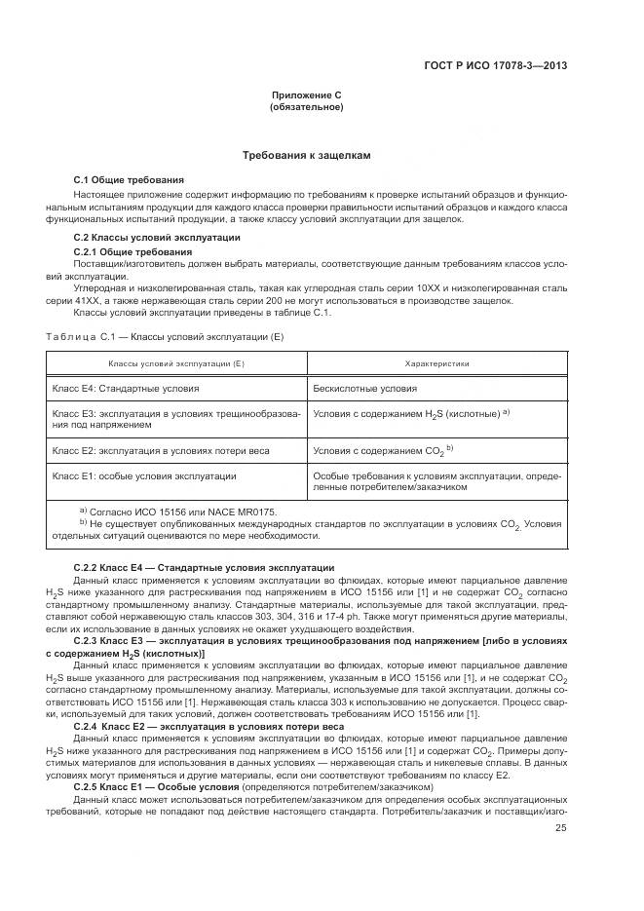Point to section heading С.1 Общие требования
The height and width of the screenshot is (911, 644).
pos(129,180)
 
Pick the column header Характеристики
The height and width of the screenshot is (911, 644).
pos(436,363)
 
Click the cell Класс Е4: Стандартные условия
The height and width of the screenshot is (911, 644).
pos(126,388)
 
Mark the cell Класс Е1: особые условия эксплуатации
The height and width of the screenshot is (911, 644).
pos(144,475)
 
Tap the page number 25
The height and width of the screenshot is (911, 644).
pos(561,827)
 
